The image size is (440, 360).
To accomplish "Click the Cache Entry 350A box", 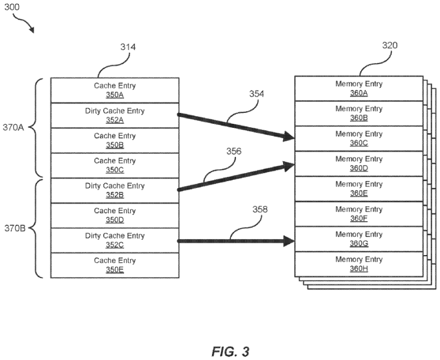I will [115, 90].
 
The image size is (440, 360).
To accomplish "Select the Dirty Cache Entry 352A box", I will [115, 115].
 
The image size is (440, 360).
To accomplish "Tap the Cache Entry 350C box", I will [115, 165].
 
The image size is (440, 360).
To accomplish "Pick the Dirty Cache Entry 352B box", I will [115, 190].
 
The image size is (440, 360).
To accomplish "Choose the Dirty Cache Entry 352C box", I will [115, 240].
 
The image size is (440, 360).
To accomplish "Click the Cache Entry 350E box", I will [115, 265].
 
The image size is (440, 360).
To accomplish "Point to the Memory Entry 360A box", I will [359, 88].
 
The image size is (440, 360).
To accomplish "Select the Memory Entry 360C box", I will [359, 138].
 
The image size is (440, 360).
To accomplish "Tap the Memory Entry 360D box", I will [359, 163].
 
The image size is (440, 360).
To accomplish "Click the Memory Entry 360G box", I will [359, 238].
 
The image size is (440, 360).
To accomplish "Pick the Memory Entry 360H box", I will [359, 264].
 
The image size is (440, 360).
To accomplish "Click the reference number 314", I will [128, 47].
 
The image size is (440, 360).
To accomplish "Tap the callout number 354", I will [257, 94].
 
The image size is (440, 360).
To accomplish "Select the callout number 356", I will [233, 151].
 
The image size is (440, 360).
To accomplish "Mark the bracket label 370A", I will [14, 128].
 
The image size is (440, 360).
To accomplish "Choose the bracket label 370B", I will [14, 228].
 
